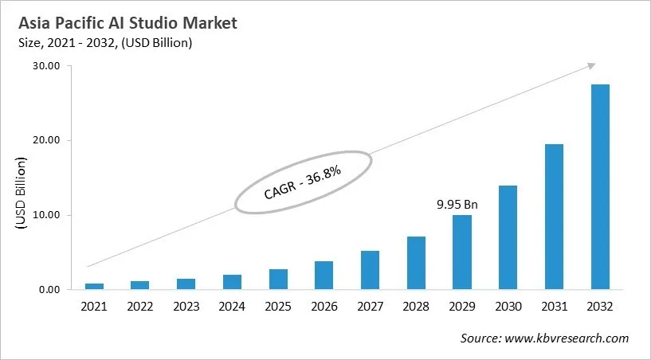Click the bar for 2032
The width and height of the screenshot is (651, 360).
(x=599, y=186)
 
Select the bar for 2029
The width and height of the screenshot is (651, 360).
(x=461, y=252)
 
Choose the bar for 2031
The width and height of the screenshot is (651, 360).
(x=554, y=217)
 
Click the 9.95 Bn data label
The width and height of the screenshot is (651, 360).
(x=458, y=205)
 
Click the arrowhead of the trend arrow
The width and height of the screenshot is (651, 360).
(x=591, y=66)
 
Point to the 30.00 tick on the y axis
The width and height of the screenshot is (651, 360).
(x=45, y=66)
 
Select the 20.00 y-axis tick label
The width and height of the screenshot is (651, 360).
(x=45, y=141)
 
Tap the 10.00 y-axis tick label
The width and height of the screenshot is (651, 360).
(x=45, y=215)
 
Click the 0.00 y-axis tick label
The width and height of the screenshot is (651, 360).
(x=48, y=290)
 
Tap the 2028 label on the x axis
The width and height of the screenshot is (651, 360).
(x=415, y=307)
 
